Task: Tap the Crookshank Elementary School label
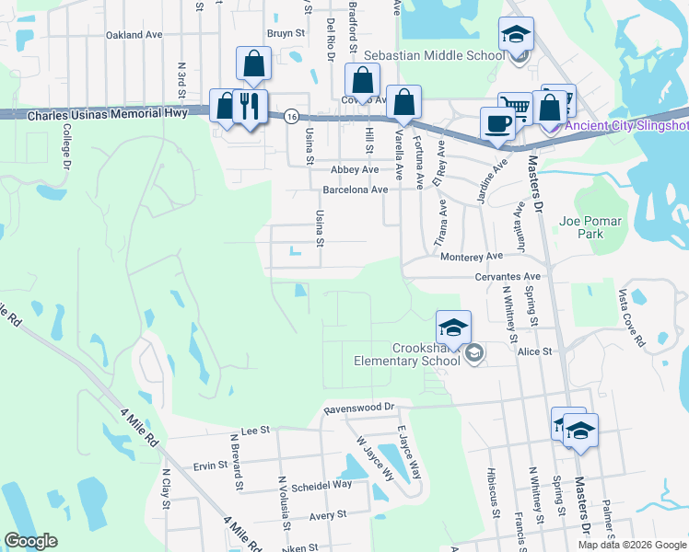tap(406, 354)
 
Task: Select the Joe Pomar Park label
tap(590, 227)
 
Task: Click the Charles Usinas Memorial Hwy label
tap(108, 114)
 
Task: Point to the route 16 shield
tap(291, 115)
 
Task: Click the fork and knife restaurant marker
tap(249, 107)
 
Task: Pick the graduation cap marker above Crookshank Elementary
tap(453, 328)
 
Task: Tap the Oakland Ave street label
tap(134, 35)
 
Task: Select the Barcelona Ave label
tap(355, 190)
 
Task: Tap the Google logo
tap(30, 541)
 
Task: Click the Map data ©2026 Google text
tap(632, 545)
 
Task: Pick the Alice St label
tap(533, 351)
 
